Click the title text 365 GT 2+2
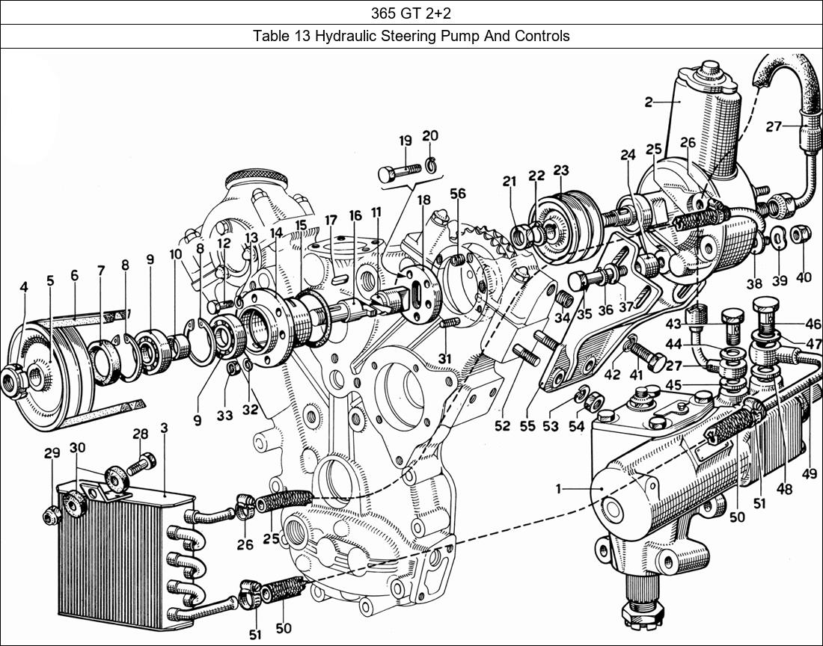[411, 12]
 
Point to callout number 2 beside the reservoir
[649, 102]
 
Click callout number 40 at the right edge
[804, 277]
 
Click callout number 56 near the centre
[458, 194]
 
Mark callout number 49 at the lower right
[809, 473]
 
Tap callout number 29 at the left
[51, 453]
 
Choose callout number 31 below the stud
[444, 359]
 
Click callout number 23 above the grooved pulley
[561, 170]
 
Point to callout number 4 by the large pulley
[24, 286]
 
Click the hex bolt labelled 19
[396, 171]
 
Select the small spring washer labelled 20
[431, 165]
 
